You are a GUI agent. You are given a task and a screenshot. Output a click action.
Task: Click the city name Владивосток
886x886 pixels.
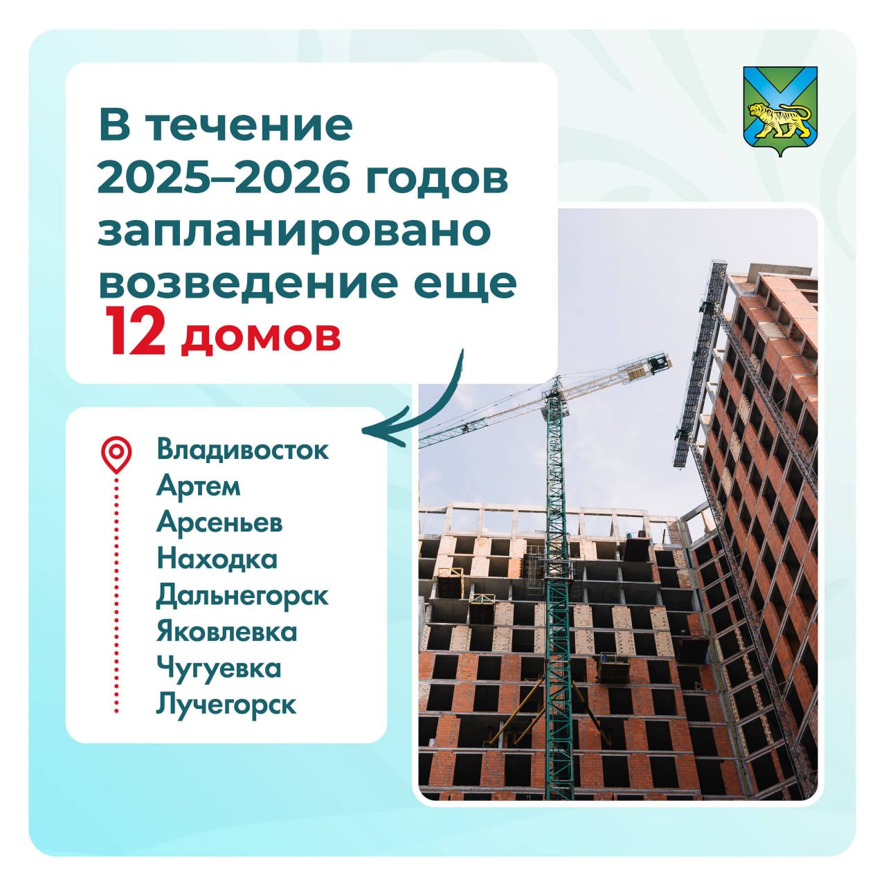[x=243, y=449]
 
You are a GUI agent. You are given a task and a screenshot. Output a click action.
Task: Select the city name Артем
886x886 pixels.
[x=198, y=485]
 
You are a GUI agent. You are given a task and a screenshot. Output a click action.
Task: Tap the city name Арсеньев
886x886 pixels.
[x=219, y=523]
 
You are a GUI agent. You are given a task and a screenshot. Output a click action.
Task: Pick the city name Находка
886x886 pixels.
[x=217, y=559]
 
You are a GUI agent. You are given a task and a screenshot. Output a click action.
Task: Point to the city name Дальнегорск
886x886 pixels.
[x=242, y=596]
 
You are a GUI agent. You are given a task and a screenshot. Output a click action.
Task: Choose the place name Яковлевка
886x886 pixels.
[x=226, y=632]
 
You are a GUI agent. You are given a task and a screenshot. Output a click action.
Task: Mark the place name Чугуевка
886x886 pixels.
[x=219, y=669]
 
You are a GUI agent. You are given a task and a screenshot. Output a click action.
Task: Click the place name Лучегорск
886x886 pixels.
[x=226, y=705]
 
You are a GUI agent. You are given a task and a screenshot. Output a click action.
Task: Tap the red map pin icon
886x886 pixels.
[x=116, y=454]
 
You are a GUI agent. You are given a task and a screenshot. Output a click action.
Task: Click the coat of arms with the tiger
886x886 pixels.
[x=780, y=110]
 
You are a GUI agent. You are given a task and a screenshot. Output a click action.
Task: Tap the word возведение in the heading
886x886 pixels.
[x=248, y=282]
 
